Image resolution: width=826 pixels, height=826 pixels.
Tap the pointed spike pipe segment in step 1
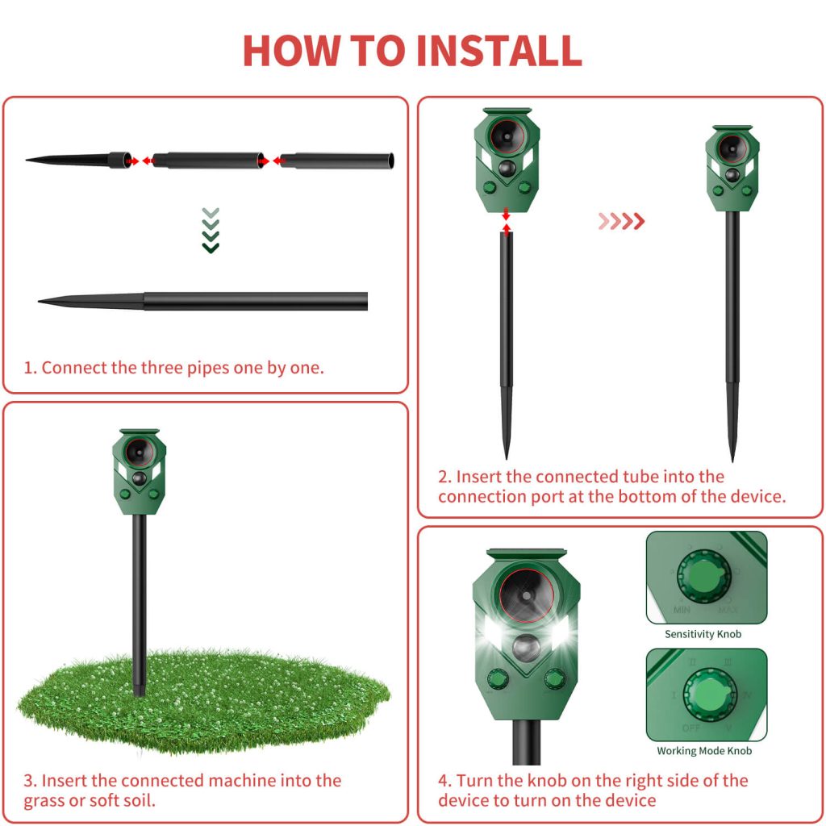77,160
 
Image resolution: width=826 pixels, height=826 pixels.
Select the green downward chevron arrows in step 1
211,230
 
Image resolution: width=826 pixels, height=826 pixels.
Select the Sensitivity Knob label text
702,634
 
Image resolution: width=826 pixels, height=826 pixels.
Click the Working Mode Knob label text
703,751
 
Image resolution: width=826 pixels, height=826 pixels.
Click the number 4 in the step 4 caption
444,781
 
